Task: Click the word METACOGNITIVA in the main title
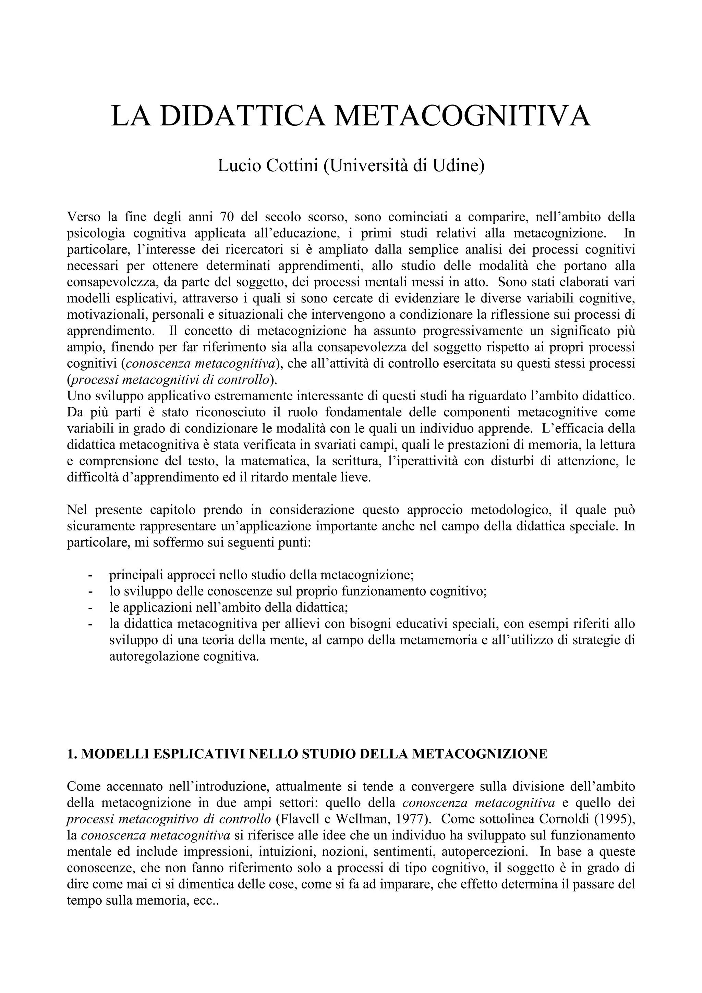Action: (462, 116)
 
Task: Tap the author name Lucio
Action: (234, 165)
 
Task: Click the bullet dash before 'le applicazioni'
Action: (90, 607)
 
